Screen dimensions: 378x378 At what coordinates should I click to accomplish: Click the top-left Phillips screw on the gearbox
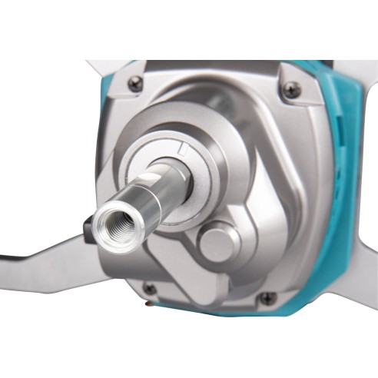(136, 84)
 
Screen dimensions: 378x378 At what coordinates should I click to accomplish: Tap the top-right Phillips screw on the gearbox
(290, 90)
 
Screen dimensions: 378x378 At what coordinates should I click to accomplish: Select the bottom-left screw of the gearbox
(150, 290)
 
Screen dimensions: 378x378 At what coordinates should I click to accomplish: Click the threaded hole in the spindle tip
(108, 223)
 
